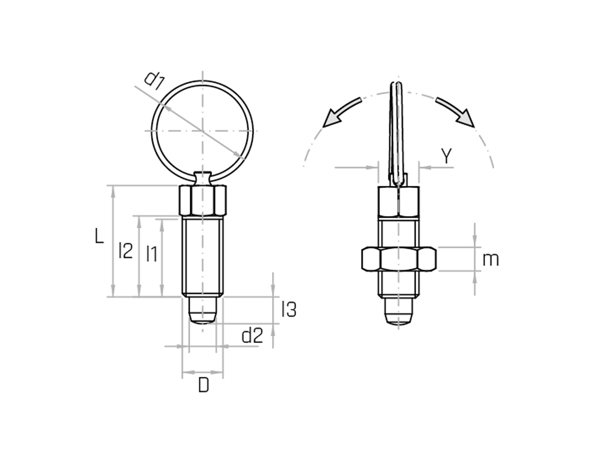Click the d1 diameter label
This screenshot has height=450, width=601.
coord(154,81)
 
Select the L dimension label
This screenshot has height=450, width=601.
coord(99,236)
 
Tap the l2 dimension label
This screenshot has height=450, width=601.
coord(126,251)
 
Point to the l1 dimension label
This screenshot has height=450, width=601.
coord(151,254)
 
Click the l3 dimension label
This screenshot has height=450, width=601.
coord(289,310)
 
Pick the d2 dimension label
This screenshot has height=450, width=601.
coord(252,336)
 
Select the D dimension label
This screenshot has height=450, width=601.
coord(204,386)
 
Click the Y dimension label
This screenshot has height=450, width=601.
coord(446,156)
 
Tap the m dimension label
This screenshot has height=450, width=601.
coord(490,260)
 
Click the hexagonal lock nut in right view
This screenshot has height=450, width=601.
coord(399,259)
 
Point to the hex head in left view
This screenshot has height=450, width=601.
coord(203,200)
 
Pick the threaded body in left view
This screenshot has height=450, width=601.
coord(203,256)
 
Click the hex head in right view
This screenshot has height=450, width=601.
coord(399,201)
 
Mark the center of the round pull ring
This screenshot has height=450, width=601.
coord(202,131)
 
